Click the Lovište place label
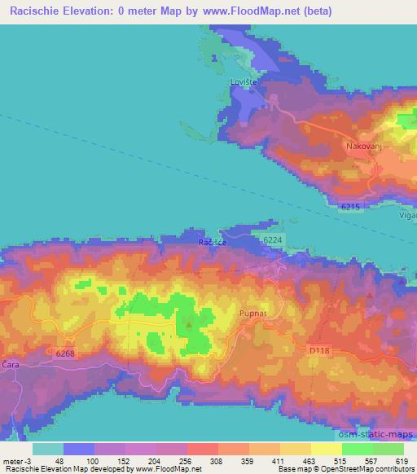tap(245, 82)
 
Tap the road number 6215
tap(350, 208)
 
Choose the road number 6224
tap(274, 241)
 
